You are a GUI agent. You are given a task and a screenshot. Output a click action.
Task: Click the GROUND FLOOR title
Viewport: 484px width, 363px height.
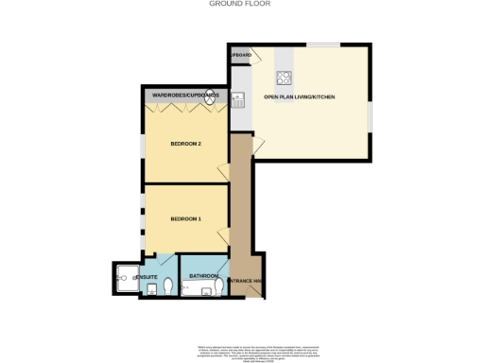point(241,4)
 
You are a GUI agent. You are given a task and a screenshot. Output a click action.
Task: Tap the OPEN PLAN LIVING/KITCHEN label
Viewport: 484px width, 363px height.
point(300,97)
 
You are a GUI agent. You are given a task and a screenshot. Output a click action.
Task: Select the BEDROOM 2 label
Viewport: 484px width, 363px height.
point(184,144)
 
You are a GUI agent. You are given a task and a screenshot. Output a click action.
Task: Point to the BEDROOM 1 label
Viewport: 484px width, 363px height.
point(184,219)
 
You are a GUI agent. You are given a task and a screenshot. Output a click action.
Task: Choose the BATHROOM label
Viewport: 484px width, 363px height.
point(203,276)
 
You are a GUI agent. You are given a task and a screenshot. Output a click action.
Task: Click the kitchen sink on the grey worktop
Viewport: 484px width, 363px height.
point(239,98)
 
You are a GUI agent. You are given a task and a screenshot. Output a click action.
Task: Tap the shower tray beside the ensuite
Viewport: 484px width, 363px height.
point(125,277)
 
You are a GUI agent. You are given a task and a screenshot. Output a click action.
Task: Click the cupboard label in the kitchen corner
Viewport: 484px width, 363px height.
point(240,57)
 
